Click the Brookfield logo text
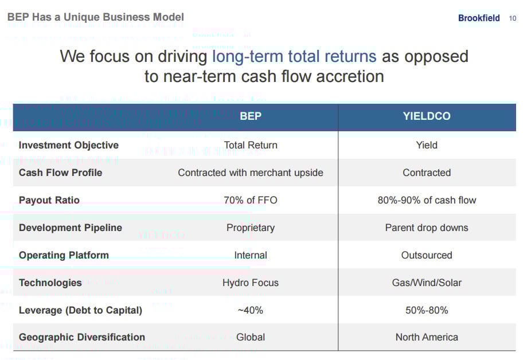coord(479,18)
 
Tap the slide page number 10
coord(513,18)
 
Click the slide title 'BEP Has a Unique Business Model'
coord(96,17)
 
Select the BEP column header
coord(251,116)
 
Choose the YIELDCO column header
coord(427,116)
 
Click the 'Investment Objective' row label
coord(69,145)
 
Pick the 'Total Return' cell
coord(251,145)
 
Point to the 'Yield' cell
coord(427,145)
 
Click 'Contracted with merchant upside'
coord(251,173)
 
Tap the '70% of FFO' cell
coord(251,200)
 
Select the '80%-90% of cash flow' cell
coord(427,200)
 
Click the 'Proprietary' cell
coord(251,228)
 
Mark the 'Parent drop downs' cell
coord(427,228)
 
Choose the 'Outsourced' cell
coord(427,255)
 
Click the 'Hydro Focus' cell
coord(251,283)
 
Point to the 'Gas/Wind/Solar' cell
coord(427,283)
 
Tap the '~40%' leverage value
coord(251,310)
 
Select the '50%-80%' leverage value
coord(427,310)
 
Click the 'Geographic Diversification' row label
coord(82,337)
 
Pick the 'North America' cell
coord(427,337)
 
